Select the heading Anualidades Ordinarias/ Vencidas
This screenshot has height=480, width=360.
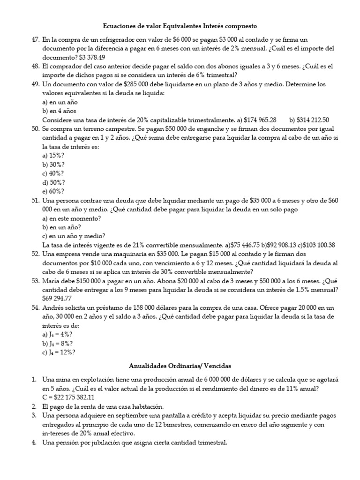pyautogui.click(x=180, y=365)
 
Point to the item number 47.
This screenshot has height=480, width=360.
pyautogui.click(x=35, y=40)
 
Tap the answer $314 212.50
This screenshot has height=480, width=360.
pyautogui.click(x=313, y=120)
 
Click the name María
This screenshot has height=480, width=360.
pyautogui.click(x=52, y=280)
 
